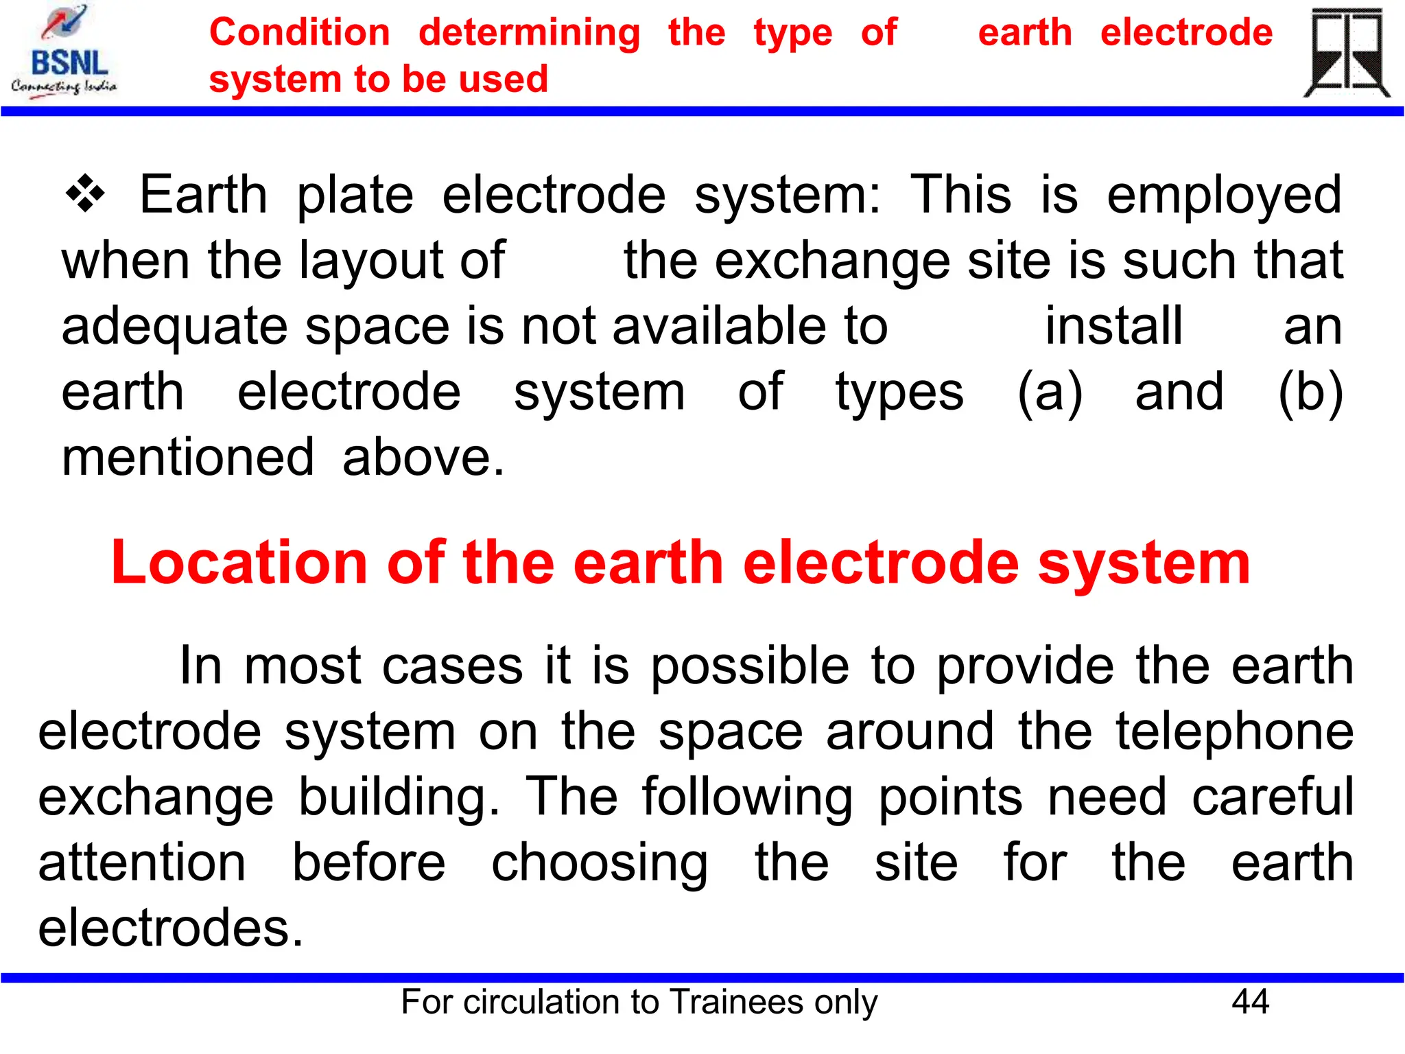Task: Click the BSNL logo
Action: coord(64,52)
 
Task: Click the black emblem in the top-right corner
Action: coord(1347,54)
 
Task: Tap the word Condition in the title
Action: coord(300,32)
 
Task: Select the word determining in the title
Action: coord(529,34)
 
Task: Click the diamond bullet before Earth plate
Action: coord(85,194)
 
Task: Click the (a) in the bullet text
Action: coord(1050,393)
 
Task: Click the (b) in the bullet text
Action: coord(1310,393)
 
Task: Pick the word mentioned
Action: coord(188,457)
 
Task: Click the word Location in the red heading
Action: coord(239,563)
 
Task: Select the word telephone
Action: coord(1234,731)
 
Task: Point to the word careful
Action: coord(1273,797)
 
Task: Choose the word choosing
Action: coord(600,863)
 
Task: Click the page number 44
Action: coord(1250,1002)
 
